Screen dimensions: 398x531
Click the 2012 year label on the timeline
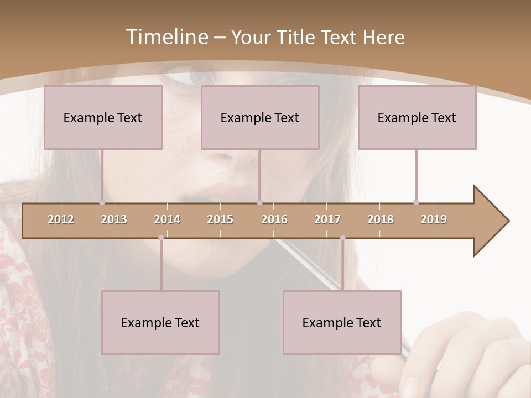[61, 219]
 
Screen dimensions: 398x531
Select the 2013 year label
[114, 219]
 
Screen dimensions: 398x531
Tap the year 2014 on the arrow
[167, 219]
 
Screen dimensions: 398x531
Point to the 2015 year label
[220, 219]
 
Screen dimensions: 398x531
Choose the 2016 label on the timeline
[274, 219]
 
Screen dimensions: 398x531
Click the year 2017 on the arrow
[327, 219]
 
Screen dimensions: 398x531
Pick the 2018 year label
[381, 219]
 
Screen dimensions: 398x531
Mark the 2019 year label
[434, 219]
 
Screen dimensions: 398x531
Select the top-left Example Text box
[103, 117]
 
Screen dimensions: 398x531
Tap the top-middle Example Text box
[260, 117]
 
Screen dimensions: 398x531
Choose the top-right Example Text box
[417, 117]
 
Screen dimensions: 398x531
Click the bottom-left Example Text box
[160, 322]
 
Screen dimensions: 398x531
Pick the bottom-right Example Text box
[342, 322]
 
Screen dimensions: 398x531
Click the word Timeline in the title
[166, 37]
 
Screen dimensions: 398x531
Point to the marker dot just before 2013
[102, 203]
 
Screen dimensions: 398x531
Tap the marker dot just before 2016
[260, 203]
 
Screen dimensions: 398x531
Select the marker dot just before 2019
[416, 203]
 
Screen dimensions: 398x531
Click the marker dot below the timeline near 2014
[161, 238]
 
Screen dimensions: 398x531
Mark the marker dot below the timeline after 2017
[342, 238]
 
